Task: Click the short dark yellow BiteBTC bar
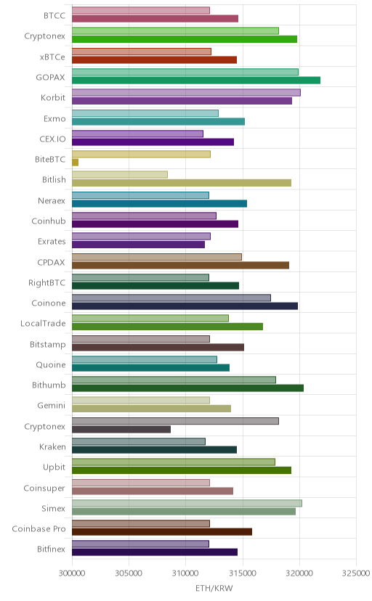[x=75, y=163]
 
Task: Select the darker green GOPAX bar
[x=196, y=80]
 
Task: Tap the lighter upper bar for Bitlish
[x=120, y=175]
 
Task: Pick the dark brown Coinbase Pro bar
[x=162, y=531]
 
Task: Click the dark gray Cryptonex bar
[x=121, y=429]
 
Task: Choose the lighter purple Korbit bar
[x=187, y=92]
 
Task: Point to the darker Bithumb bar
[x=188, y=388]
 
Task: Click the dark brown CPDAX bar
[x=181, y=265]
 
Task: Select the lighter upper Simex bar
[x=187, y=503]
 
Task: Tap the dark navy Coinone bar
[x=185, y=306]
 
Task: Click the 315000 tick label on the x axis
[x=243, y=573]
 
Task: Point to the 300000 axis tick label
[x=72, y=573]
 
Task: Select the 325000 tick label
[x=356, y=573]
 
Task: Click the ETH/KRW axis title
[x=214, y=589]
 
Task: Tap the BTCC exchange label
[x=54, y=16]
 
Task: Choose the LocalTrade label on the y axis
[x=43, y=324]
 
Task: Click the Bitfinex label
[x=52, y=549]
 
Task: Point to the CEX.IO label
[x=52, y=139]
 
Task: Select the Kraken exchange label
[x=52, y=447]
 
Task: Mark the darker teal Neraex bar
[x=160, y=203]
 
